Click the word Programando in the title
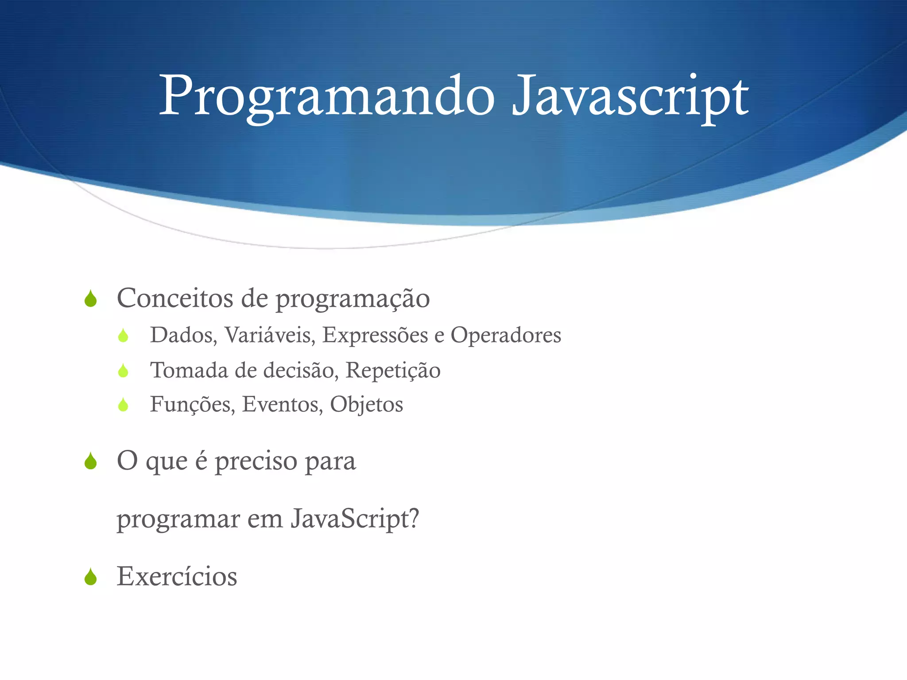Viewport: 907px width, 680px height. pos(327,97)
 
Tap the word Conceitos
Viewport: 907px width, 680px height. pos(174,298)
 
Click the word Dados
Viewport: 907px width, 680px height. pos(183,335)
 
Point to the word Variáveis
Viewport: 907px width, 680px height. pos(269,335)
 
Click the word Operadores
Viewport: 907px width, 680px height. pos(506,335)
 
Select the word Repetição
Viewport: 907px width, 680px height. pos(393,371)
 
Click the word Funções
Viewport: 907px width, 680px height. pos(192,405)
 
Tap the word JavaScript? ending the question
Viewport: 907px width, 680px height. pos(355,518)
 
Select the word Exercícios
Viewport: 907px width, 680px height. pos(177,576)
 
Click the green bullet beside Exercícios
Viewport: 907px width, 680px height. pos(91,577)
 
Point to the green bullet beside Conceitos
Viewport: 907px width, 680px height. pos(91,299)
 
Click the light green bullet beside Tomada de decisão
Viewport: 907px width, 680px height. pos(123,371)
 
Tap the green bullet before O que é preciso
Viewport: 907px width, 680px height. pos(91,461)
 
